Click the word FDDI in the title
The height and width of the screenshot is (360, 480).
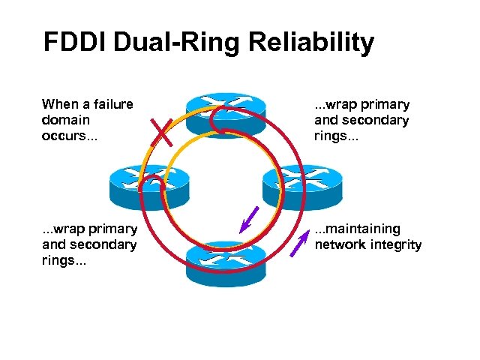76,43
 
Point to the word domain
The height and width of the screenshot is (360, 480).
66,120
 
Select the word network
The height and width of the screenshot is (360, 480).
341,244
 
